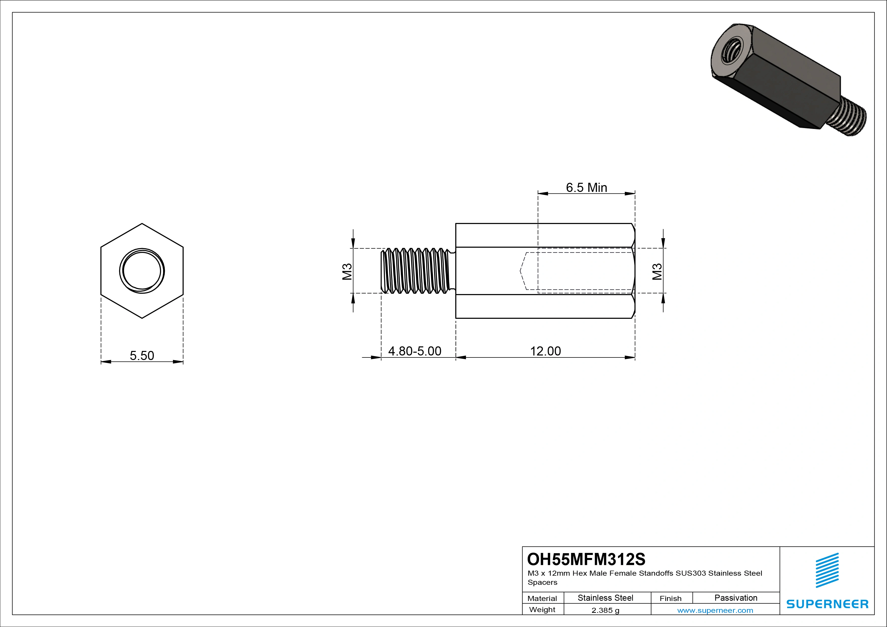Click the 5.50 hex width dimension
click(142, 355)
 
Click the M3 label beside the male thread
click(347, 271)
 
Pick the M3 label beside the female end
click(657, 271)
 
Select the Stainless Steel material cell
click(605, 598)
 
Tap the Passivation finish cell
click(736, 598)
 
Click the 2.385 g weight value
click(605, 610)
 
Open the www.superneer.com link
click(715, 610)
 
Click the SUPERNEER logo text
click(827, 604)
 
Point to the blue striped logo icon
click(827, 570)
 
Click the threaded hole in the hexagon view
click(142, 271)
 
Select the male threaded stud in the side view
click(415, 271)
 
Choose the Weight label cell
click(542, 610)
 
